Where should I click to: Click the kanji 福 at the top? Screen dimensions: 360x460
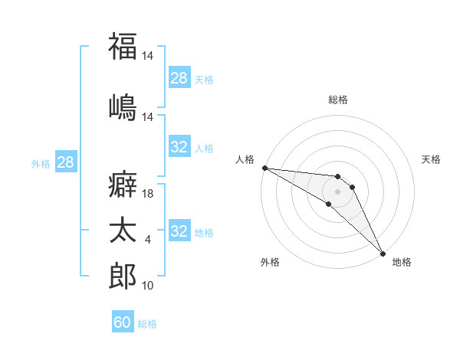click(123, 45)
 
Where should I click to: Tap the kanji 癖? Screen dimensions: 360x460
click(123, 185)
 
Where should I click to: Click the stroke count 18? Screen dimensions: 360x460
click(149, 194)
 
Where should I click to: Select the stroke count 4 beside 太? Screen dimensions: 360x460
click(148, 241)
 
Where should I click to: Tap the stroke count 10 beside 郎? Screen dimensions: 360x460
click(149, 286)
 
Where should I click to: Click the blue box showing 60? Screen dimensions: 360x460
click(123, 322)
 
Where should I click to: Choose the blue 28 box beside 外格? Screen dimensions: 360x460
click(65, 162)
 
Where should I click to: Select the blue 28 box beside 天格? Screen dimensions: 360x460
click(179, 77)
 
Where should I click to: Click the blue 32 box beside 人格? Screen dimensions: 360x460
click(179, 147)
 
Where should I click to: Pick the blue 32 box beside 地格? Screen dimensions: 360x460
click(179, 231)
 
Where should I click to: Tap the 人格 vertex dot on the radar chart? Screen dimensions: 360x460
click(264, 168)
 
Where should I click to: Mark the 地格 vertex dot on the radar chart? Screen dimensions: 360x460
click(382, 254)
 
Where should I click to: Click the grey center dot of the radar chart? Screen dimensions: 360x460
click(337, 191)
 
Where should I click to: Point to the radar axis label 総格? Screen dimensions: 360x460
click(338, 100)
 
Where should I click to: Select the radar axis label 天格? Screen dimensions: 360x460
click(431, 159)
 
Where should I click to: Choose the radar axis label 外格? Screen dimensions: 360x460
click(270, 262)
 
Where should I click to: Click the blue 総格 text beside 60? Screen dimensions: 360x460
click(147, 324)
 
